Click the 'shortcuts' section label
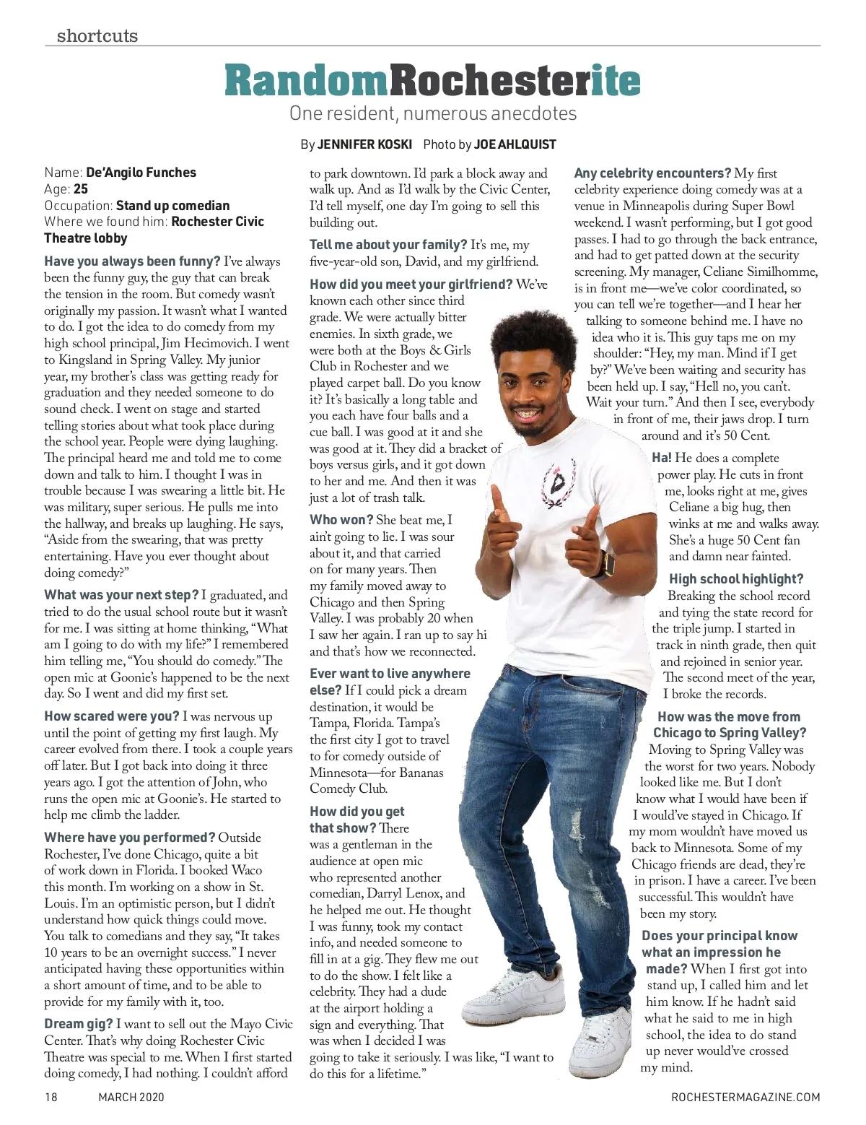(97, 35)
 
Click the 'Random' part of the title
(307, 80)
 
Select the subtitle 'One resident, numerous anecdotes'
(433, 113)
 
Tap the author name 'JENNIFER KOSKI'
(364, 144)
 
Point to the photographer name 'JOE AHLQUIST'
(515, 144)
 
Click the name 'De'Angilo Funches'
(141, 173)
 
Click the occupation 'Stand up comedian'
(172, 206)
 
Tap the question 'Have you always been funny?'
(132, 261)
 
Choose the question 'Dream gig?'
(78, 1024)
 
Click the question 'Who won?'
(341, 520)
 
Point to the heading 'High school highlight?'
(735, 579)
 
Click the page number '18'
(51, 1098)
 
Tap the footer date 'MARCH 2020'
(131, 1098)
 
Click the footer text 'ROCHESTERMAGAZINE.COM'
(745, 1098)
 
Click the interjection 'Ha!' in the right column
(661, 458)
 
